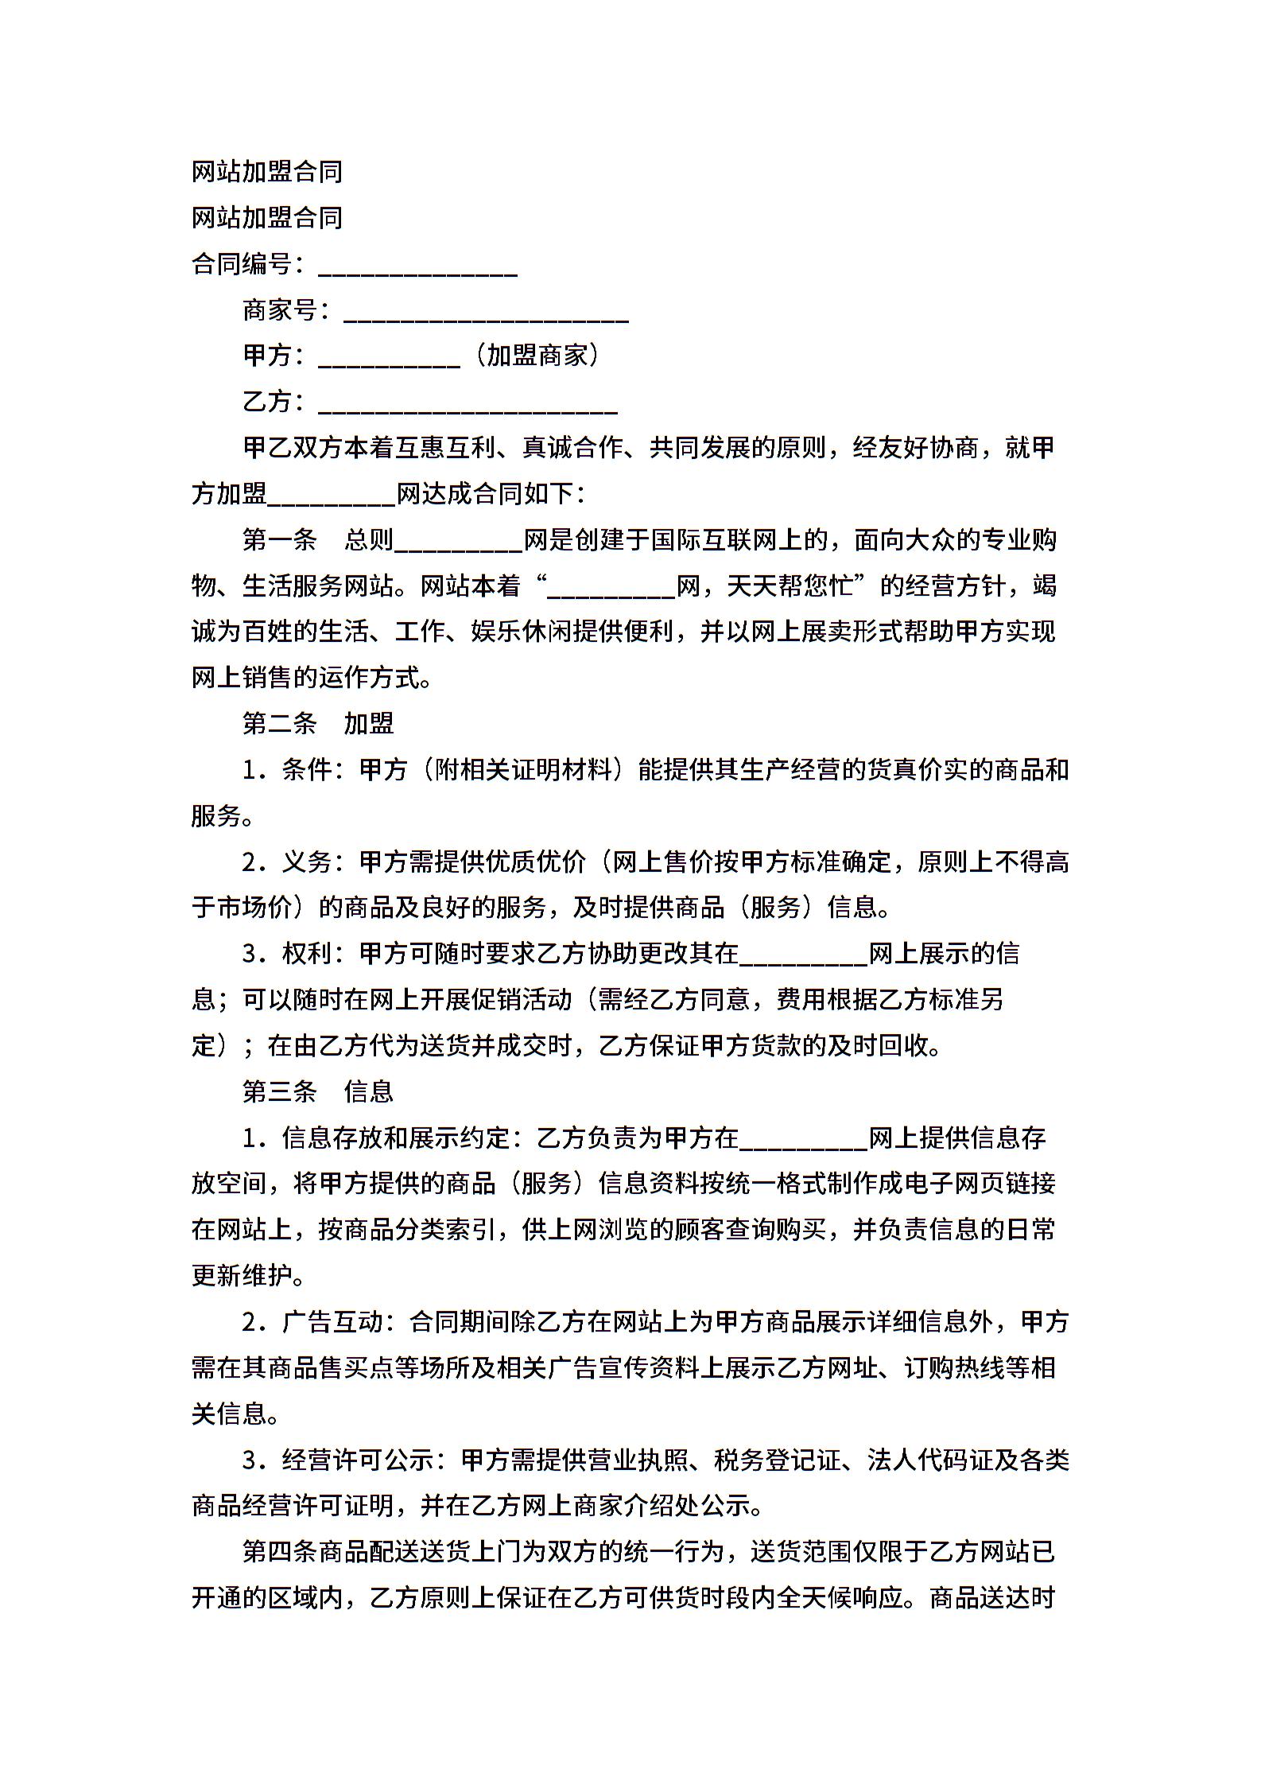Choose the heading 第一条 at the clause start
tap(280, 540)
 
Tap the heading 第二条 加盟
tap(318, 723)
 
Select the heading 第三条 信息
tap(318, 1091)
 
